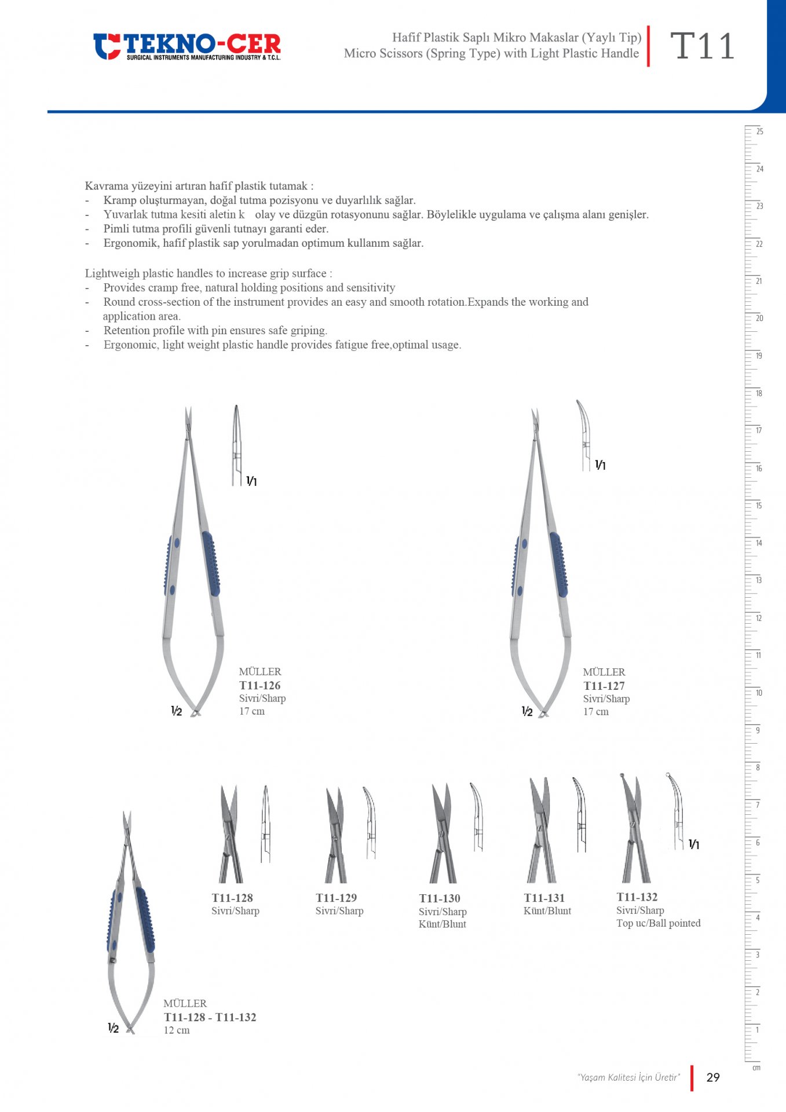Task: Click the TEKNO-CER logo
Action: coord(187,46)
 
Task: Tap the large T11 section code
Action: coord(702,46)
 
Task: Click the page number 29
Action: coord(713,1077)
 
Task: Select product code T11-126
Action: coord(259,685)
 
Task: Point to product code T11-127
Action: coord(604,686)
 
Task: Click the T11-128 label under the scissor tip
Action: coord(232,898)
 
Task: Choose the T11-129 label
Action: coord(336,898)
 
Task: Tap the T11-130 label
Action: coord(440,898)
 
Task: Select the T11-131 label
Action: coord(544,898)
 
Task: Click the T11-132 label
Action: coord(637,897)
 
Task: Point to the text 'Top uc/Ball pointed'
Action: coord(659,923)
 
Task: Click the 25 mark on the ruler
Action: coord(759,131)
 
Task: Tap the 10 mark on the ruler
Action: coord(759,693)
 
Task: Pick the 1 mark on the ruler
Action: coord(757,1030)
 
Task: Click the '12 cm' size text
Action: coord(177,1030)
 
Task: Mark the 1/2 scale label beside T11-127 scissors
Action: coord(527,711)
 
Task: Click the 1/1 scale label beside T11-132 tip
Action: coord(694,844)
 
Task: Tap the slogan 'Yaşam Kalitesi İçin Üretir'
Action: coord(628,1077)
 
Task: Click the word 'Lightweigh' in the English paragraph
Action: coord(112,273)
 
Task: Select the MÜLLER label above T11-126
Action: coord(260,672)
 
